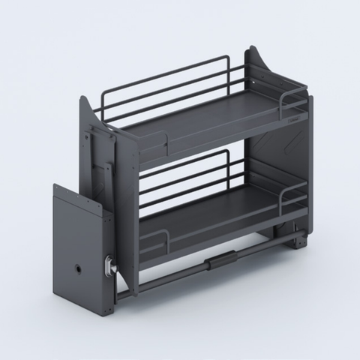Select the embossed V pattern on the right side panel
270,150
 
